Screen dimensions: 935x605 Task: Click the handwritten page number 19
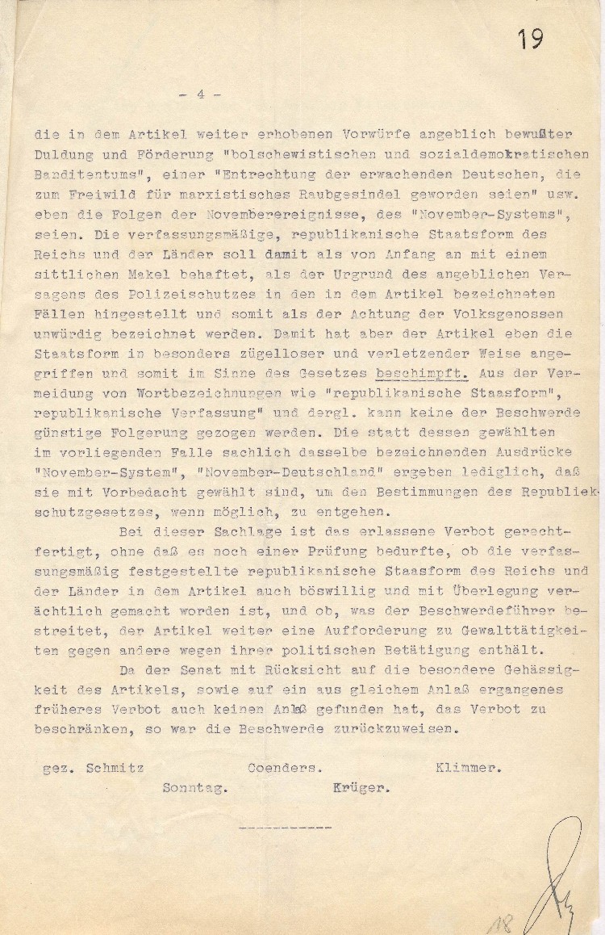530,39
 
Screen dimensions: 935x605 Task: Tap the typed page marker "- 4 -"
198,94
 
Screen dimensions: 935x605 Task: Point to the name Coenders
283,767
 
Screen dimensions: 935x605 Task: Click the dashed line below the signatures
279,828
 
